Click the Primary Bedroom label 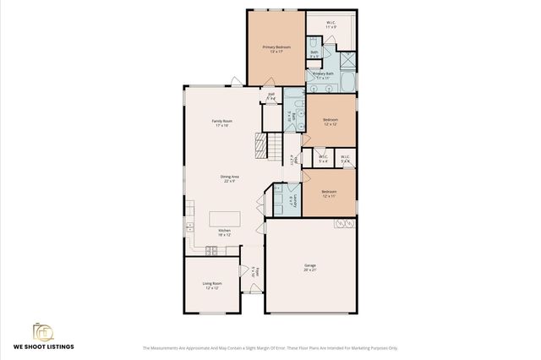click(276, 49)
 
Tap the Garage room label click(310, 267)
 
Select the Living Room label click(211, 285)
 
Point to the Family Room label click(222, 123)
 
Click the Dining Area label click(231, 178)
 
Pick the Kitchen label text click(225, 232)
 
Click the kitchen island click(225, 219)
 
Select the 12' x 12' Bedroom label click(331, 122)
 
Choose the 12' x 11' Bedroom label click(330, 194)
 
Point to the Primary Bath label click(325, 75)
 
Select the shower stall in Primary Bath click(347, 61)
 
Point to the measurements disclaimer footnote click(270, 347)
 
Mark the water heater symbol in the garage click(344, 223)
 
